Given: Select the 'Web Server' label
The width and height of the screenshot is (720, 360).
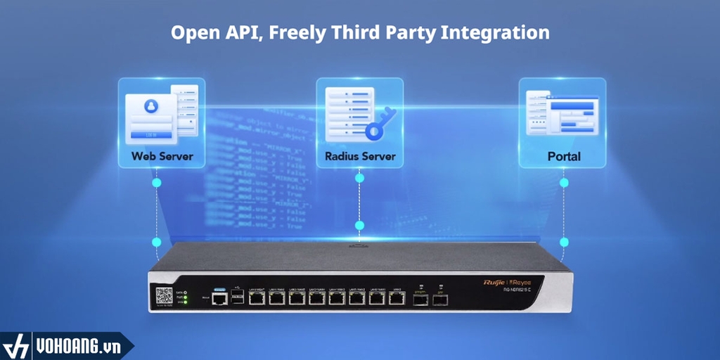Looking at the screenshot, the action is tap(162, 155).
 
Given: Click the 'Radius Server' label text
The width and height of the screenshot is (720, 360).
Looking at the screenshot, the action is tap(360, 155).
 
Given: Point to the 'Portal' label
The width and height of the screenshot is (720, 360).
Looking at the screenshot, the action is tap(564, 155).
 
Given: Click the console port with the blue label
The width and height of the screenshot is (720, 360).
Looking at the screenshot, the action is tap(219, 298).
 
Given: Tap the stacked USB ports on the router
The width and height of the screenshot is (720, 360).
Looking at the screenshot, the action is tap(238, 298).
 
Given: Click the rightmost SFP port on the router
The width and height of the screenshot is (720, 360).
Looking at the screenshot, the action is tap(440, 300).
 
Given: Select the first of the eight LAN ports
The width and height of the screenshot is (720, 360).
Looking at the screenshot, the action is tap(257, 299).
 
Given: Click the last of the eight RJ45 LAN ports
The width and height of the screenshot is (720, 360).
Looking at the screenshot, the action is tap(397, 299).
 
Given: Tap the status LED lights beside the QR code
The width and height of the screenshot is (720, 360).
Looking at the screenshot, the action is tap(184, 298).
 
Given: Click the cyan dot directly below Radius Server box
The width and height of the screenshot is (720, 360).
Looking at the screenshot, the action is tap(360, 178).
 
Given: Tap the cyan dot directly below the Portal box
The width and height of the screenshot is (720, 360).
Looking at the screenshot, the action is tap(564, 182).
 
